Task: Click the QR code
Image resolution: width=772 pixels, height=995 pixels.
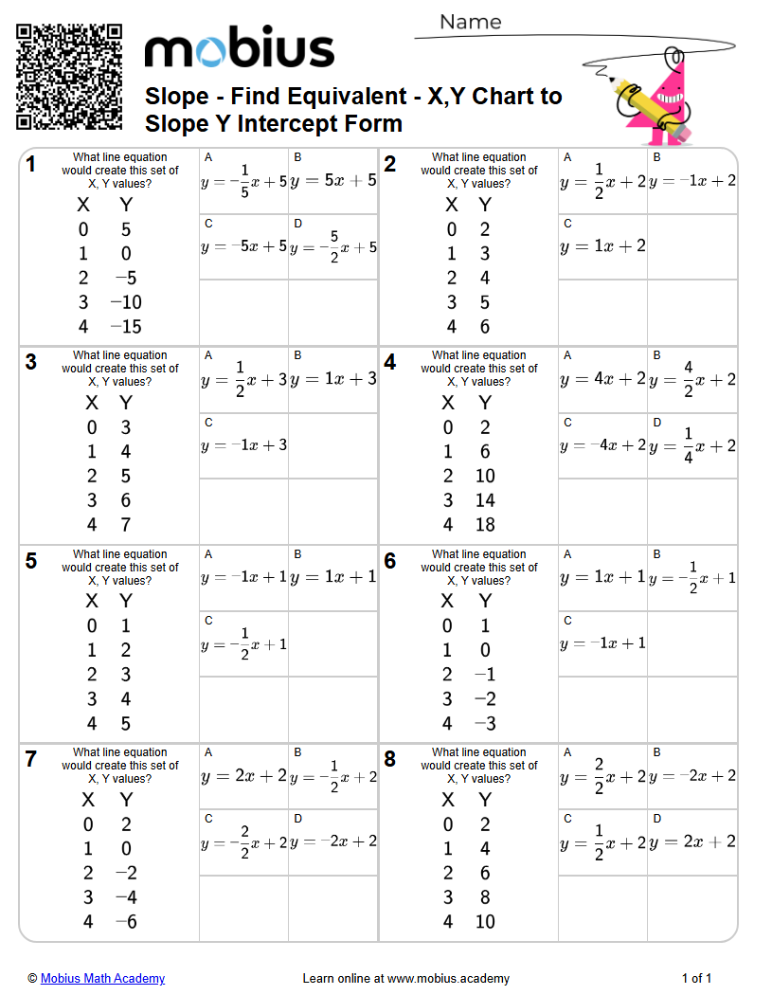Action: pos(69,78)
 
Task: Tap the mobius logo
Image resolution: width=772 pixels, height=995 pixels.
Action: pos(239,48)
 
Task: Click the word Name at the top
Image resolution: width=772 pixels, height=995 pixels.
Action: pos(470,22)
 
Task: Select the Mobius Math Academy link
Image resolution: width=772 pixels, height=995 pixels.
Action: pos(102,978)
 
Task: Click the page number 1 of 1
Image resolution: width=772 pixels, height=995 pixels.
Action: pos(696,978)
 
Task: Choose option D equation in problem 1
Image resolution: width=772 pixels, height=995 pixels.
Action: pos(333,246)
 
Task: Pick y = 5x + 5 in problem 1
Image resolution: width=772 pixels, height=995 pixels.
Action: pos(333,180)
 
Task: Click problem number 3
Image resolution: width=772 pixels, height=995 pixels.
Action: pos(31,362)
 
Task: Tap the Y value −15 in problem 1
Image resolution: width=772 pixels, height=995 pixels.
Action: pos(125,327)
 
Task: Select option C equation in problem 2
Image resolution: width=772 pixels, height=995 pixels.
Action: pos(602,246)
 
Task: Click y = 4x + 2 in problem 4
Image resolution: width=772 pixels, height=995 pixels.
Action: pos(602,379)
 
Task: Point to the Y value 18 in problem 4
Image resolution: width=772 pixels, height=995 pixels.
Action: pos(485,525)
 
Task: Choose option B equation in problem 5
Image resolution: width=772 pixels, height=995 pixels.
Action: pos(333,577)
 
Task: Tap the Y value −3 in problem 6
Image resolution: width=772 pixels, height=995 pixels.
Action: pos(485,724)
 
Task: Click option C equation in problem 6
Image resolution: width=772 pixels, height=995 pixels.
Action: pos(602,643)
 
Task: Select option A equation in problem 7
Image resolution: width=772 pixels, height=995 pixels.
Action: pos(243,776)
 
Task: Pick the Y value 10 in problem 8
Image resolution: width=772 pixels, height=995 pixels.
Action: pos(485,922)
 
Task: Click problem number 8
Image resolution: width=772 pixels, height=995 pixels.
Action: pos(390,759)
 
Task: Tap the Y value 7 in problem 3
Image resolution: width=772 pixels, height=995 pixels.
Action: pos(126,525)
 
